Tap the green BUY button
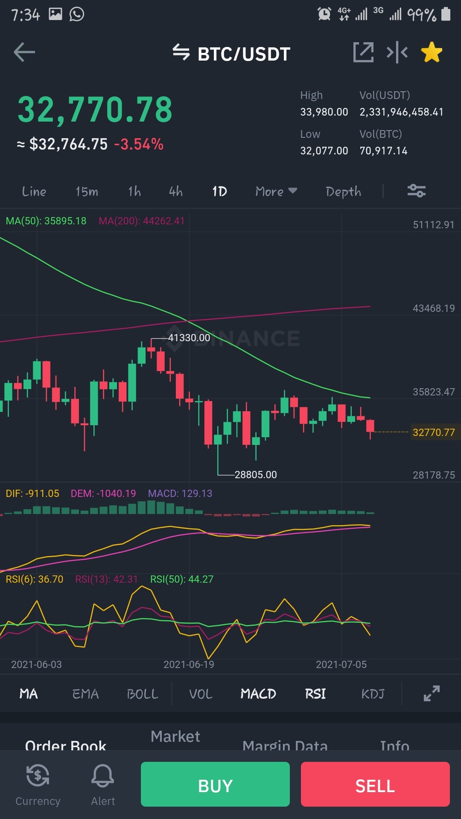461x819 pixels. tap(215, 784)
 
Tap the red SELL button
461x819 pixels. tap(375, 784)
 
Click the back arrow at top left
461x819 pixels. tap(24, 52)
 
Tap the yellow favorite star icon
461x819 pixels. tap(432, 52)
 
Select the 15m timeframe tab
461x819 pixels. tap(87, 192)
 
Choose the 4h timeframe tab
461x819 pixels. tap(176, 192)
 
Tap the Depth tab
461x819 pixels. tap(343, 192)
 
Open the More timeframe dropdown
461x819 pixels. tap(276, 192)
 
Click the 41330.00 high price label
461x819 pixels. tap(189, 338)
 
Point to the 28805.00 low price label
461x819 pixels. tap(256, 475)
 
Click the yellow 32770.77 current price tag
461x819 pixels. tap(434, 433)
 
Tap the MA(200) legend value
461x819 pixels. tap(142, 221)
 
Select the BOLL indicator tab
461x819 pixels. tap(143, 694)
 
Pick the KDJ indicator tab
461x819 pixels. tap(373, 694)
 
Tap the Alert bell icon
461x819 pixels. tap(102, 775)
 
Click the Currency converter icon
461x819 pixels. tap(38, 775)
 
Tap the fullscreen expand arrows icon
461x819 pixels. tap(432, 694)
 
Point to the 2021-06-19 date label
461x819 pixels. tap(189, 665)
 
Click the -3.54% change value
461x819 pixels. tap(139, 144)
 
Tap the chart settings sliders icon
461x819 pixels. tap(416, 191)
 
